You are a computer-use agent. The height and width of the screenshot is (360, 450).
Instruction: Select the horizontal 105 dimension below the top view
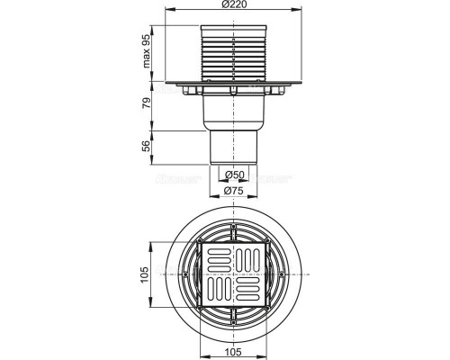click(233, 350)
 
